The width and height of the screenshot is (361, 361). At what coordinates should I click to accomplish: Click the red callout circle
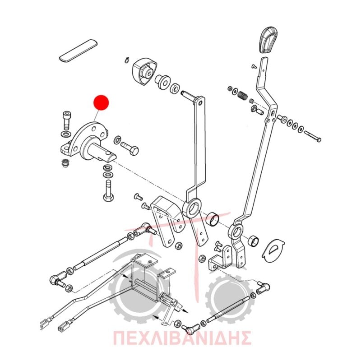point(101,102)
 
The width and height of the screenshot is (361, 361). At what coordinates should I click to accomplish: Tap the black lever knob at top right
point(268,41)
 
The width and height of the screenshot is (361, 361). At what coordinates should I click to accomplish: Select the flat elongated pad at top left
point(78,51)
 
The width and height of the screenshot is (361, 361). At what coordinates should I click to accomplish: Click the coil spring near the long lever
point(242,96)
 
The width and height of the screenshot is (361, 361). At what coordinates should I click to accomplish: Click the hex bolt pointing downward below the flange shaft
point(108,191)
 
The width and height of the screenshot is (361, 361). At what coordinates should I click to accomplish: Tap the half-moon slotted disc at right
point(273,250)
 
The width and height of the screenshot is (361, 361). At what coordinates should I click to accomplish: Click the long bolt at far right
point(313,136)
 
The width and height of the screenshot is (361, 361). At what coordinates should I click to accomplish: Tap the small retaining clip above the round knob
point(127,60)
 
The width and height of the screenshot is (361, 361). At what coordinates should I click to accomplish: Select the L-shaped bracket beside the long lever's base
point(221,258)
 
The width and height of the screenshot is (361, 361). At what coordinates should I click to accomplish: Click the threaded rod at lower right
point(228,309)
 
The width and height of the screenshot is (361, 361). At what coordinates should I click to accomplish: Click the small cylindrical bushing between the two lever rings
point(213,220)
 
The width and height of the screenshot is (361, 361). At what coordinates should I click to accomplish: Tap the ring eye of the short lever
point(191,208)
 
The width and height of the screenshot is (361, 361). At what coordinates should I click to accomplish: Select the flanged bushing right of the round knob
point(162,82)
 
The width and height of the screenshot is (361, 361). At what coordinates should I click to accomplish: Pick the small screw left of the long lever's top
point(254,66)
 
